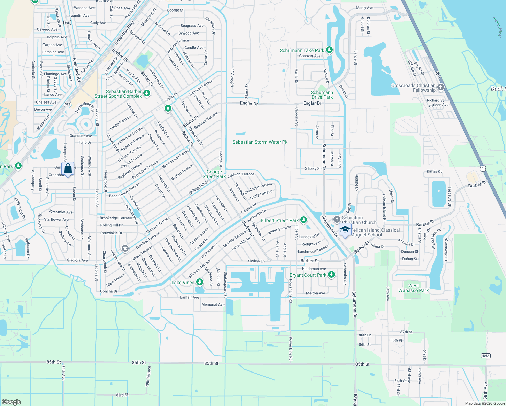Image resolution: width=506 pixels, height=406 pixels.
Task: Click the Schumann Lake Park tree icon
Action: (x=329, y=50)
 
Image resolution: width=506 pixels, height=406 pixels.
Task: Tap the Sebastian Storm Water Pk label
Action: (x=260, y=142)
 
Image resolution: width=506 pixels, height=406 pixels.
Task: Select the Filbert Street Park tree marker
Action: (x=304, y=220)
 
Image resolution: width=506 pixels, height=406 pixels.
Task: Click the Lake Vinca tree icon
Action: (x=200, y=282)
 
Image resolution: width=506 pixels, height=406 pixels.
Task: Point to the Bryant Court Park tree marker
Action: (x=331, y=275)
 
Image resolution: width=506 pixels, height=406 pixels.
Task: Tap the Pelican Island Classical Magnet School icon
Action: (x=345, y=230)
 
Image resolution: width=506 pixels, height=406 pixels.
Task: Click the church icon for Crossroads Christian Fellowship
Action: (x=440, y=87)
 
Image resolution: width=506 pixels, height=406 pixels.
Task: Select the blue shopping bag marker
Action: (x=68, y=168)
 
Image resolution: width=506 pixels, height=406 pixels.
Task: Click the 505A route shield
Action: (x=486, y=356)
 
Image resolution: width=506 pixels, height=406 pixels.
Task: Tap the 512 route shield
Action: (x=68, y=104)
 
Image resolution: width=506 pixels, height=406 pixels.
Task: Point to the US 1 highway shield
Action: (x=483, y=168)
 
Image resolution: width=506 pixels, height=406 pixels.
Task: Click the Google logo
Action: (x=11, y=402)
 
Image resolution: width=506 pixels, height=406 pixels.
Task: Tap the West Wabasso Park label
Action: (x=413, y=288)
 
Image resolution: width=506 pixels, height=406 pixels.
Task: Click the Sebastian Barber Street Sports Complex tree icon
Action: (x=147, y=93)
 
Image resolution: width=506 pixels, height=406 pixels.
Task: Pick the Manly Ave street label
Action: (x=365, y=8)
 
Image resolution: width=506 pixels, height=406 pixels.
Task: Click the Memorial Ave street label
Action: (x=213, y=304)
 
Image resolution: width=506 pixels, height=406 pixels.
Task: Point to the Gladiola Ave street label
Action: (x=77, y=260)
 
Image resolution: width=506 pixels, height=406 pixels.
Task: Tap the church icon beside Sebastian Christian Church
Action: (x=337, y=219)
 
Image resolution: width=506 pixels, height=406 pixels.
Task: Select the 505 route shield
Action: (x=67, y=23)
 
